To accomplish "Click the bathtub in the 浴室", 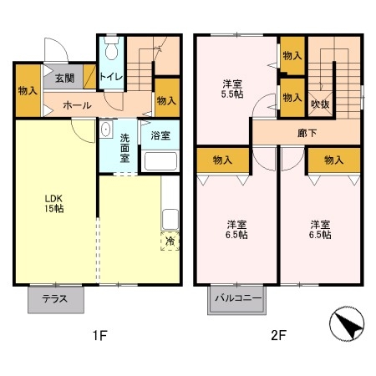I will pos(159,160).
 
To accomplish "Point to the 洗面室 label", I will pos(124,147).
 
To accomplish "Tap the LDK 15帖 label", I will pos(54,204).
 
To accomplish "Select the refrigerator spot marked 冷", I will pos(170,242).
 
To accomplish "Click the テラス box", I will pos(55,300).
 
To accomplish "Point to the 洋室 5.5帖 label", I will pos(233,89).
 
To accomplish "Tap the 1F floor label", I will pos(99,338).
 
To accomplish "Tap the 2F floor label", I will pos(278,338).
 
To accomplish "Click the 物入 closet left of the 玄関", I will pos(26,89).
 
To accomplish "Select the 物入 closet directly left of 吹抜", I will pos(292,97).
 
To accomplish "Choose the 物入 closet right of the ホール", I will pos(166,100).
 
